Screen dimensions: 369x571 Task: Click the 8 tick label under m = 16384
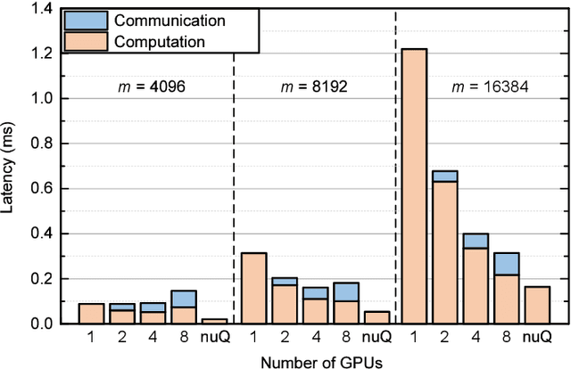click(x=506, y=338)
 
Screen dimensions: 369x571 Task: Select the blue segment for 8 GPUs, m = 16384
click(x=506, y=264)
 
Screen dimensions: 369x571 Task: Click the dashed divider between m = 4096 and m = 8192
click(x=234, y=178)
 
